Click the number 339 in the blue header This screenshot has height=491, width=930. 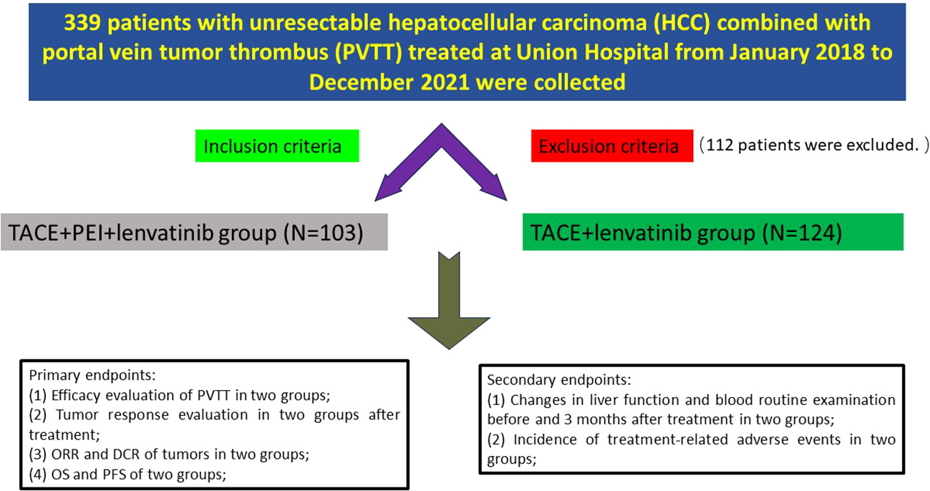click(82, 22)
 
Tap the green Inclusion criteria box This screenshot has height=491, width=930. click(277, 146)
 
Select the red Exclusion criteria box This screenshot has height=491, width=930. click(612, 146)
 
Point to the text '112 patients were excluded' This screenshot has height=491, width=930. click(813, 145)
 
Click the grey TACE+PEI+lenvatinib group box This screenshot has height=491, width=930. click(194, 232)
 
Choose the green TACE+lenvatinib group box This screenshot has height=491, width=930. click(713, 232)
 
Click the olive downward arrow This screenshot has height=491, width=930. click(449, 300)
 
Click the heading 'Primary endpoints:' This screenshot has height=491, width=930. click(92, 375)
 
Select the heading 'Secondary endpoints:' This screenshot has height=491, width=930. click(559, 380)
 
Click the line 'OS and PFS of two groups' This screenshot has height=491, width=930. click(138, 475)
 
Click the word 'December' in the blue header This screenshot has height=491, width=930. click(362, 82)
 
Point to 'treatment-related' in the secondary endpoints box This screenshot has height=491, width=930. click(667, 439)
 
